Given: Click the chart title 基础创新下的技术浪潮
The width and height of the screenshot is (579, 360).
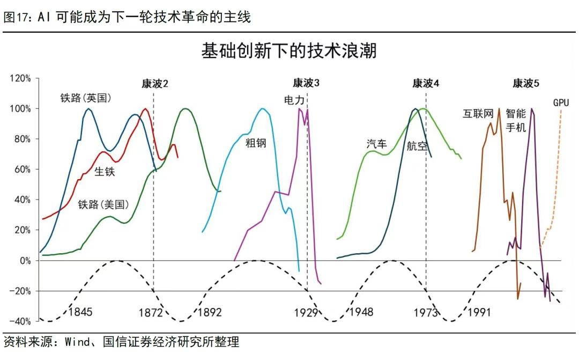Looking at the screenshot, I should [289, 51].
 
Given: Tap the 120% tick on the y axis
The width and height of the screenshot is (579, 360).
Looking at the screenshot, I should [21, 78].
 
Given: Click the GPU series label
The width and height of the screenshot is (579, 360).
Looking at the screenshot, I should [561, 102].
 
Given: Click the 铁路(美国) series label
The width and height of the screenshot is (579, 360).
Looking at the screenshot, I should [103, 204].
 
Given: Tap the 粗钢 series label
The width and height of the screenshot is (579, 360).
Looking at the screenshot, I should [256, 143].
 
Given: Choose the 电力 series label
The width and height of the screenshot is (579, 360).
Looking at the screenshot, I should [294, 100].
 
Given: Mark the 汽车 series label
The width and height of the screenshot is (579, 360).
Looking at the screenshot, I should [376, 143].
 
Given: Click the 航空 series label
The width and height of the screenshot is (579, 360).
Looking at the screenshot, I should [417, 146].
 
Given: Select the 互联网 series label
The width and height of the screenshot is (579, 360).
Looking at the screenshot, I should [478, 114].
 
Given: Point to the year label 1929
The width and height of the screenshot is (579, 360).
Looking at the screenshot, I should [306, 312].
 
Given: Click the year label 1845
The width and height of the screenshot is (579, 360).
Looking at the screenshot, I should [80, 312].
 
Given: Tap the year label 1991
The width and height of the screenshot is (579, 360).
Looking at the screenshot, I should [479, 312].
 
